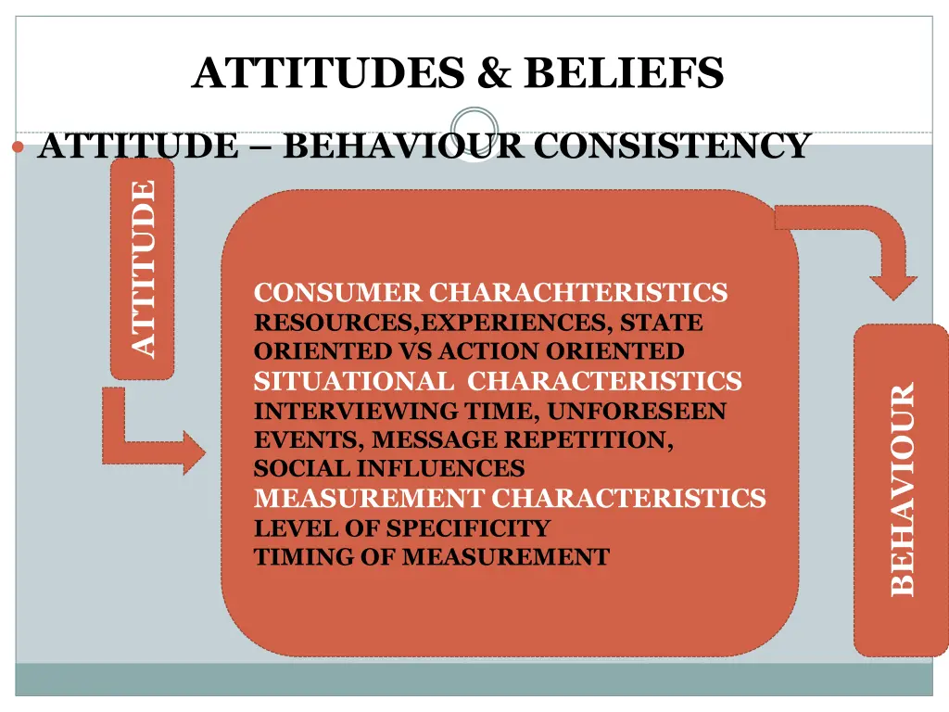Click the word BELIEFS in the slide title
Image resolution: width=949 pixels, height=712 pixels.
coord(623,72)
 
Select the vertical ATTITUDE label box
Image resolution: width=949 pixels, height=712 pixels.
coord(142,268)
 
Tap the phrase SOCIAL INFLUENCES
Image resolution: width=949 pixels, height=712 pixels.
coord(389,469)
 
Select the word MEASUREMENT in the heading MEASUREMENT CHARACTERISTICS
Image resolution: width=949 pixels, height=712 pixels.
coord(368,499)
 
